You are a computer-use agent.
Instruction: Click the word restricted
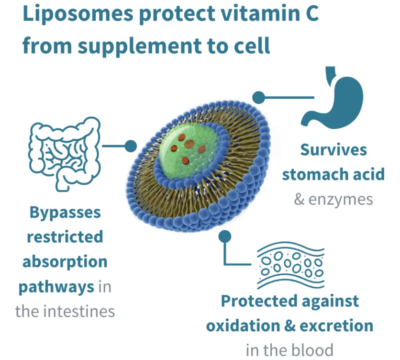tap(65, 236)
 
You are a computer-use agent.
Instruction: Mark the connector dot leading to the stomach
tap(258, 97)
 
